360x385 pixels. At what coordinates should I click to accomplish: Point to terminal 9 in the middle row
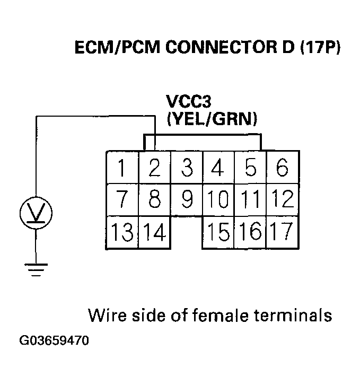187,199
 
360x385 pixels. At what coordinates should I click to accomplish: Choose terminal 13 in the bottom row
122,232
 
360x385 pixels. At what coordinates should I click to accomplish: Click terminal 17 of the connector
283,232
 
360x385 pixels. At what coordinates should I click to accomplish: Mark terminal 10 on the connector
218,199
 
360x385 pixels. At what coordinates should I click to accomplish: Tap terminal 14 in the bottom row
154,232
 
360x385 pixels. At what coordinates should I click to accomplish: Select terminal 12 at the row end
283,199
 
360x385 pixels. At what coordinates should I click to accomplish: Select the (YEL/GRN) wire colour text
212,119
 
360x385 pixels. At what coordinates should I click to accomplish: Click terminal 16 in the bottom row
251,232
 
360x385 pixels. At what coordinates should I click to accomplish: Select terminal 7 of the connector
122,199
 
